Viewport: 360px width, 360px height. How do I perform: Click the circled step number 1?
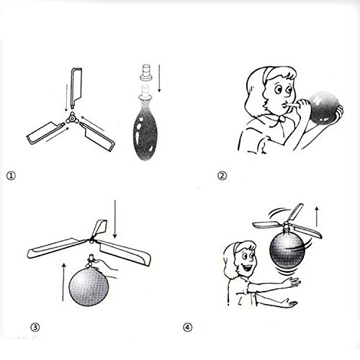pos(10,174)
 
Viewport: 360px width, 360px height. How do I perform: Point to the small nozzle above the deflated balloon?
pos(143,73)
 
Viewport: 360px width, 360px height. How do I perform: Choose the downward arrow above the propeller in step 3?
pos(115,220)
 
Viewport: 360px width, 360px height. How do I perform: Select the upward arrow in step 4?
pos(318,215)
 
